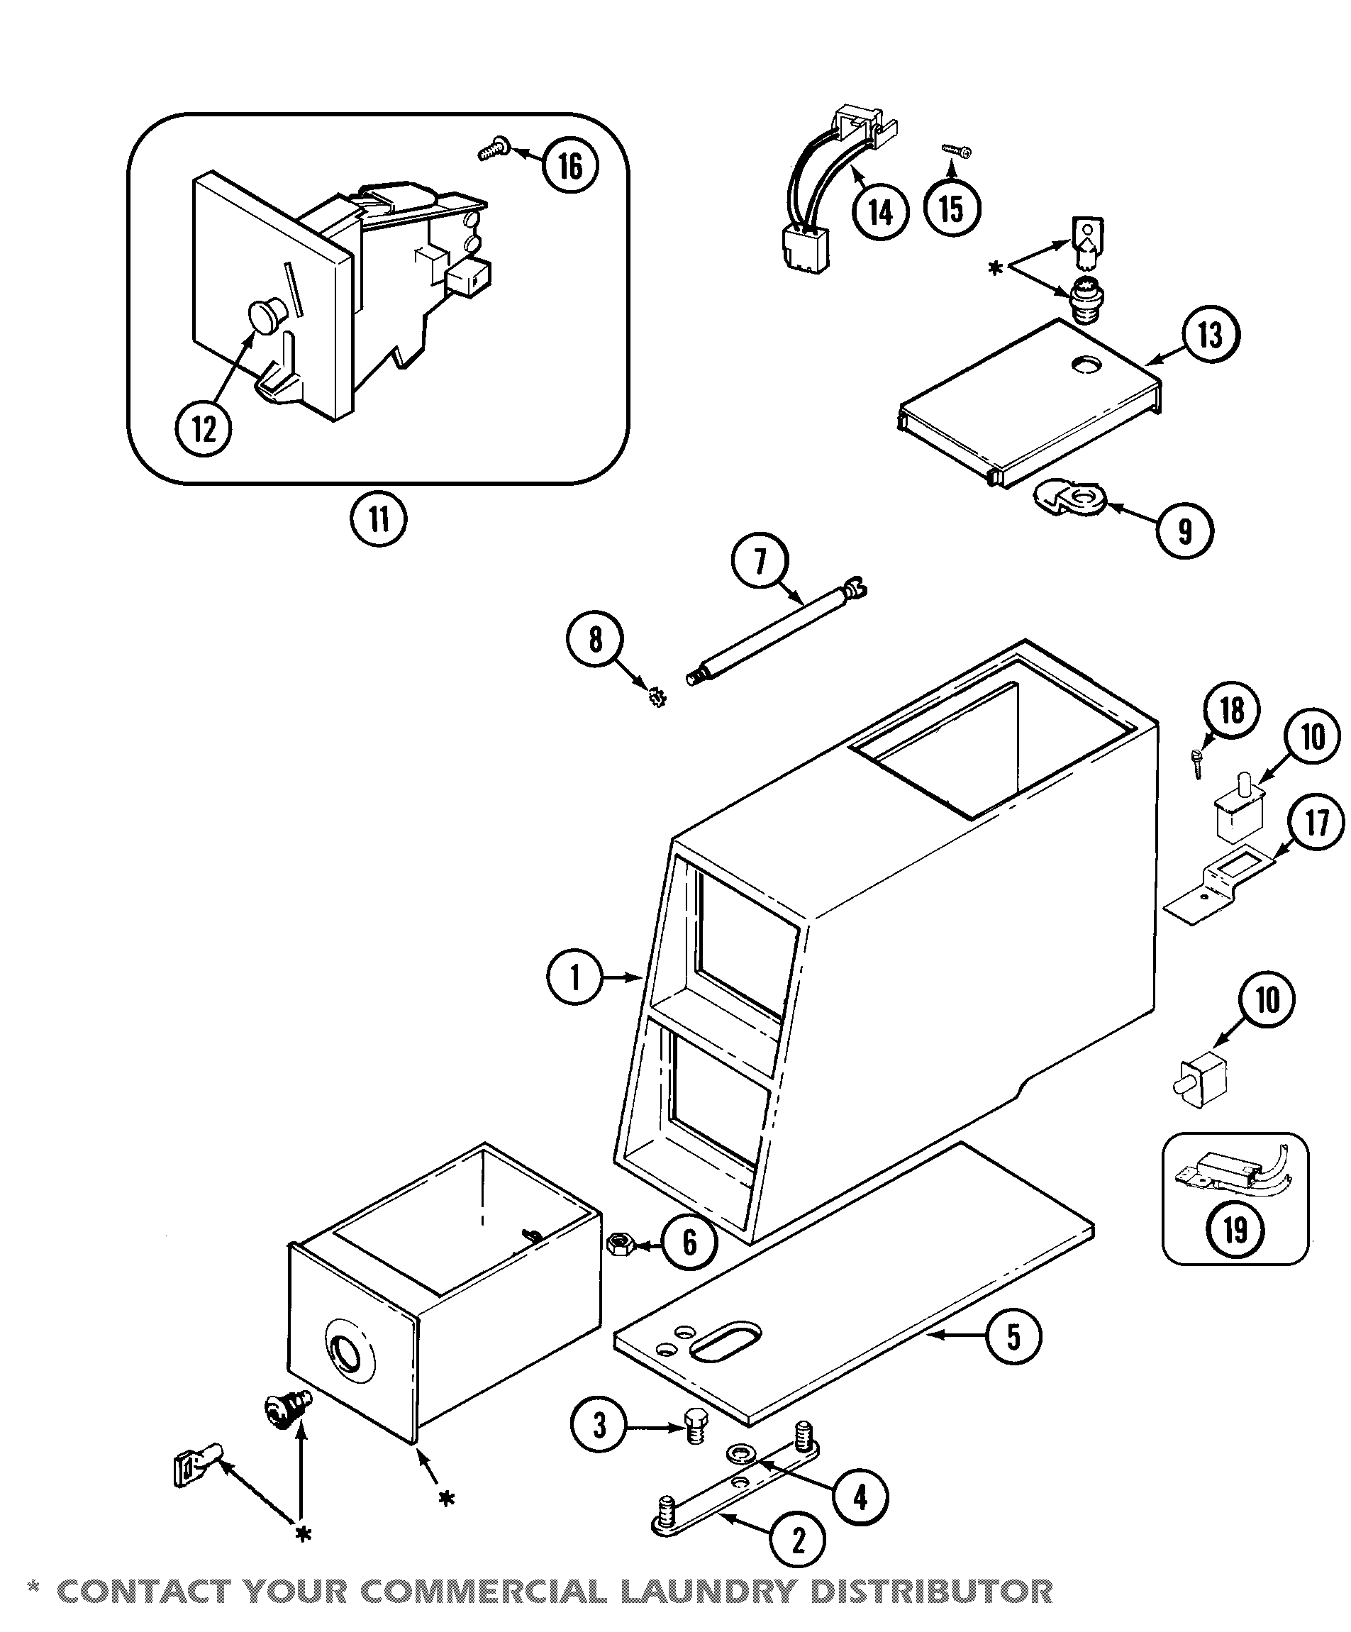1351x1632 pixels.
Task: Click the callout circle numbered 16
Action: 570,165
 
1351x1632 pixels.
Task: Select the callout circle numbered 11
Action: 378,519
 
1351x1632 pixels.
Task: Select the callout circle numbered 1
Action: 576,977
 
